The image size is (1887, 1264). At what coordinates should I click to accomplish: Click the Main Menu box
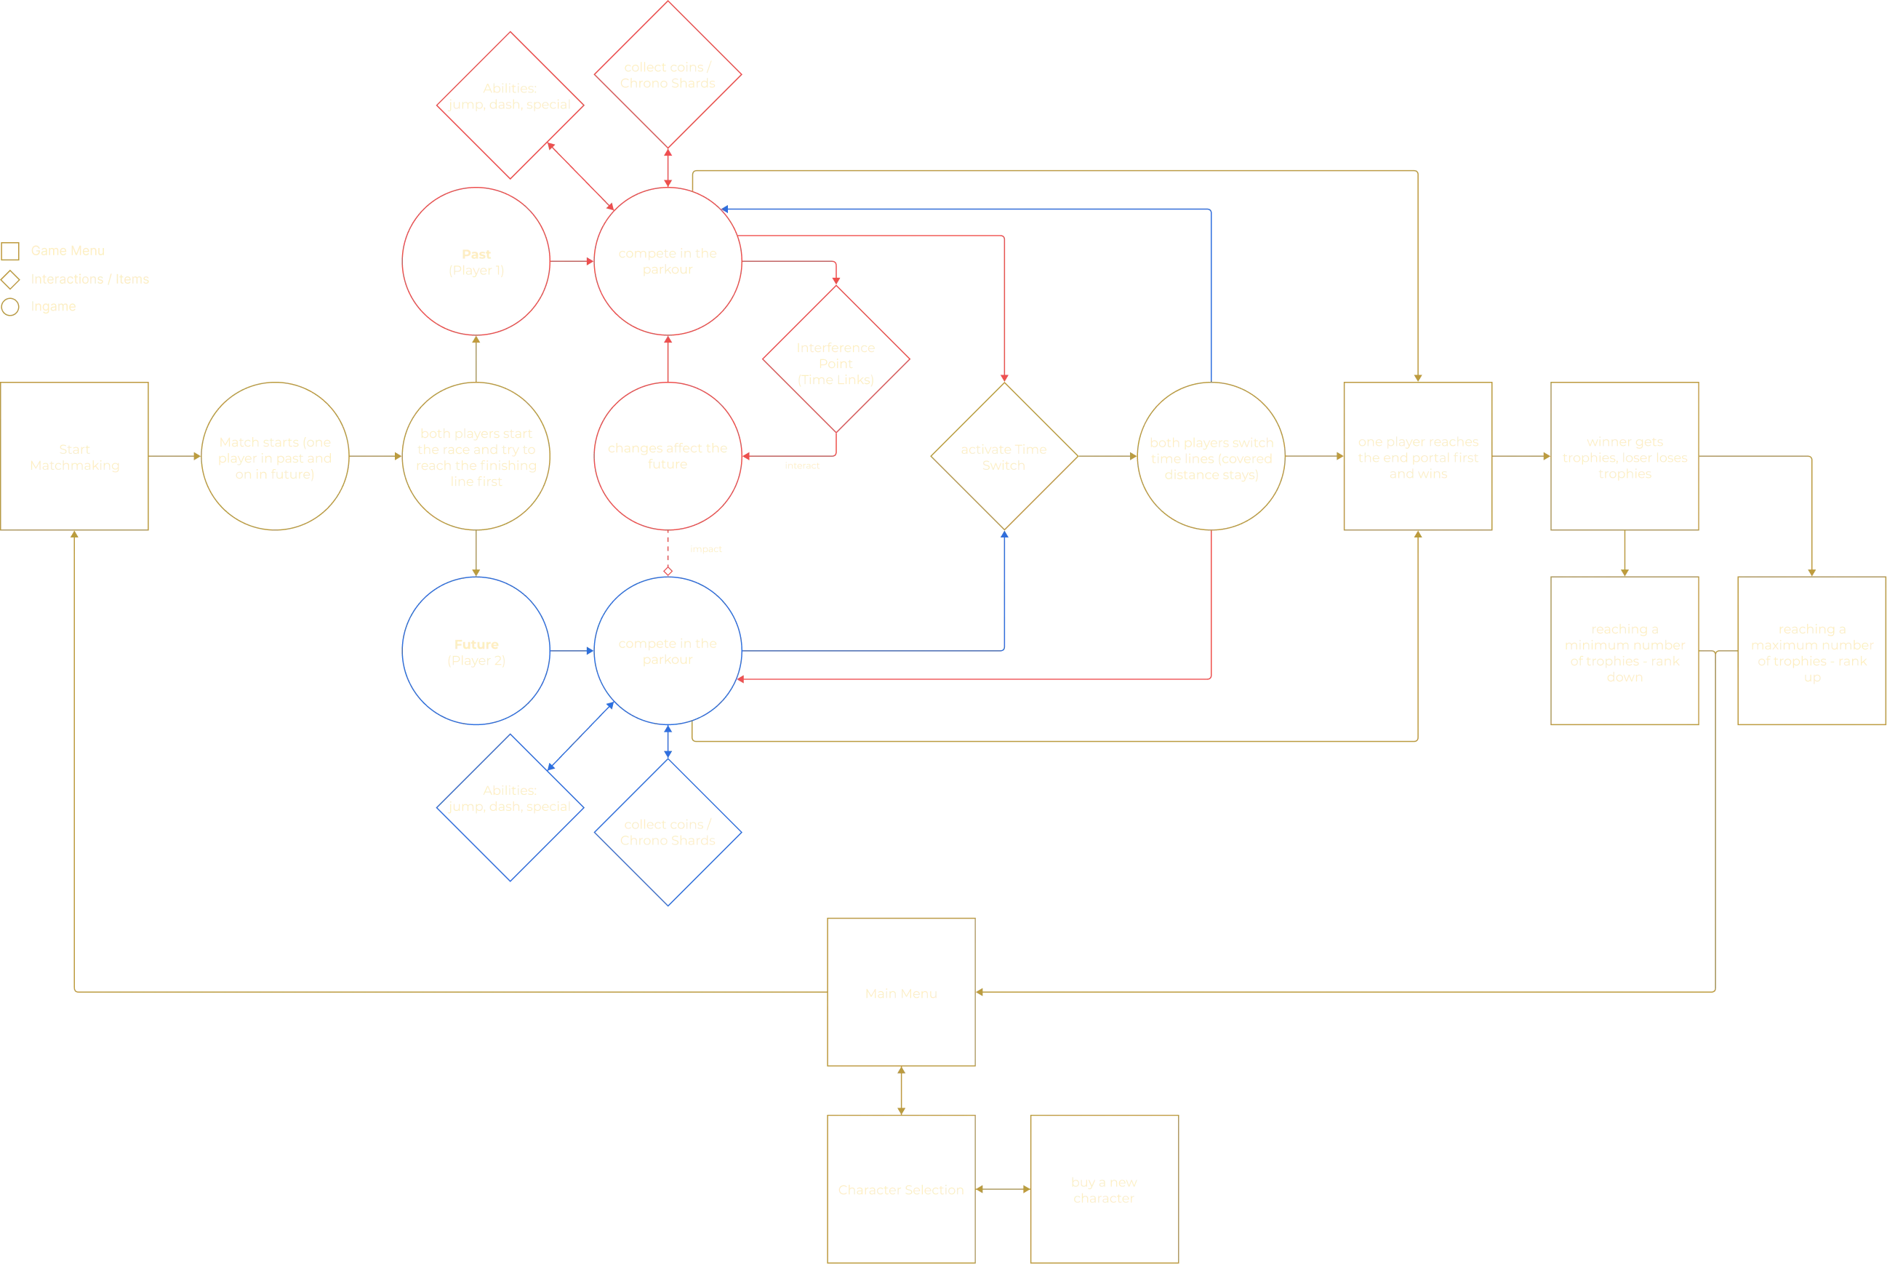click(x=901, y=991)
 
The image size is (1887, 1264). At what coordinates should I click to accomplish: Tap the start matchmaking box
click(x=76, y=456)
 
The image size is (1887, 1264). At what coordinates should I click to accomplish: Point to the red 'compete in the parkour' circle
click(x=668, y=261)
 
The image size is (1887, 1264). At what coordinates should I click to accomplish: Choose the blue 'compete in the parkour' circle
click(x=668, y=652)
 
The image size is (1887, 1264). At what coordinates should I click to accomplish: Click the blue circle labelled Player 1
click(x=476, y=652)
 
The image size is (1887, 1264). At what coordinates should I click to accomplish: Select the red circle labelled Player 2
click(x=476, y=261)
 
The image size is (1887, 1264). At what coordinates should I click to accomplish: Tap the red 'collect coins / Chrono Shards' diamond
click(x=668, y=74)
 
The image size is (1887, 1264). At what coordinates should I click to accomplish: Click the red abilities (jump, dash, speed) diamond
click(x=510, y=105)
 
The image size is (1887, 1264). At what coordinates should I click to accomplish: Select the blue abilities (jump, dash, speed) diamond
click(x=510, y=807)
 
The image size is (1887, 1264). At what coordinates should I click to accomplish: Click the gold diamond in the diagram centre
click(x=1004, y=456)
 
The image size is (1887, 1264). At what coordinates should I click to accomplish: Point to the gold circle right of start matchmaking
click(x=275, y=456)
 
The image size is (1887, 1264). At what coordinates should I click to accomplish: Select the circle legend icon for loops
click(x=10, y=307)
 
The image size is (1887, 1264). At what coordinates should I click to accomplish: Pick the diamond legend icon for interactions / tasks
click(x=10, y=280)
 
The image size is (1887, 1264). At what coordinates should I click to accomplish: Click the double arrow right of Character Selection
click(x=1003, y=1189)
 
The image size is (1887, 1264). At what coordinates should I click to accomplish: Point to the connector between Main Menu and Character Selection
click(x=901, y=1091)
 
